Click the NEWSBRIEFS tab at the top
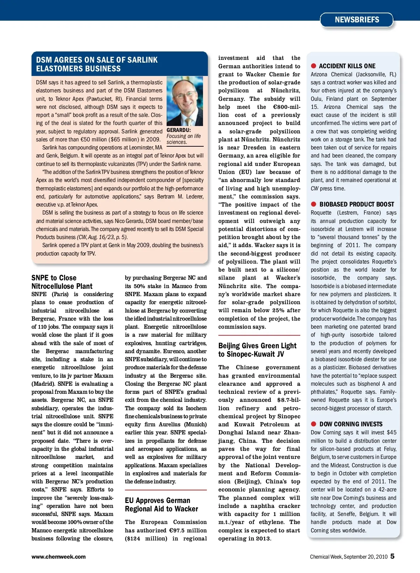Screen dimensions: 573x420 point(357,20)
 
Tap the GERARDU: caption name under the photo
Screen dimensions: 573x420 point(178,130)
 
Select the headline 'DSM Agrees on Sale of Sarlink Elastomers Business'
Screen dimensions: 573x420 point(97,64)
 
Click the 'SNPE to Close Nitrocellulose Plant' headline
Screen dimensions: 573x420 point(62,282)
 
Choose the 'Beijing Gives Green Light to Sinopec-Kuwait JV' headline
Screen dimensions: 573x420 point(257,350)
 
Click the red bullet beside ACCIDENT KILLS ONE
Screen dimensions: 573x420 point(314,66)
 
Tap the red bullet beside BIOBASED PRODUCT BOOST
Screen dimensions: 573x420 point(314,204)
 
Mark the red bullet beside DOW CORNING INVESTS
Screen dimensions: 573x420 point(314,424)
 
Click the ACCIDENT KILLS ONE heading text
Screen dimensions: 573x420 point(347,66)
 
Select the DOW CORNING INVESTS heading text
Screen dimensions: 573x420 point(351,424)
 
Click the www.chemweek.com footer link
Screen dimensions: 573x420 point(58,557)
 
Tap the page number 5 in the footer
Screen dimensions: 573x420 point(392,556)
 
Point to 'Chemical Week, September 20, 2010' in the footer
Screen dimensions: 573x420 point(349,557)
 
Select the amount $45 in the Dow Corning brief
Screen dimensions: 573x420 point(391,433)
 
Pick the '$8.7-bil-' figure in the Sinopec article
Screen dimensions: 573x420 point(289,400)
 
